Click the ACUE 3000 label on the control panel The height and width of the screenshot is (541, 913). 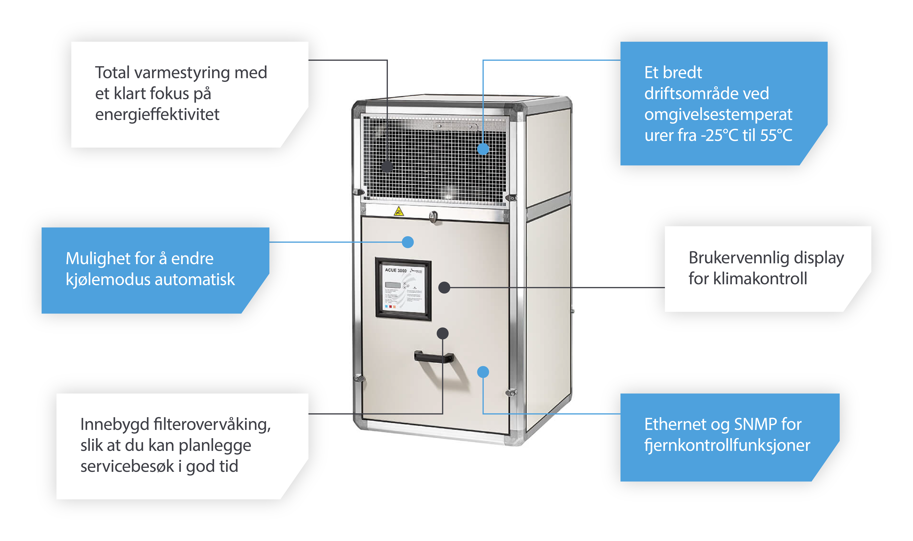(395, 270)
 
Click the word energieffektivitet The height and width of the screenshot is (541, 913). (157, 115)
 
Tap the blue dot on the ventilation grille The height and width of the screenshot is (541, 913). (483, 149)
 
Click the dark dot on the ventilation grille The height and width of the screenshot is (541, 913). (387, 167)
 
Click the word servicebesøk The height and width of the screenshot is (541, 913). (127, 466)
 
